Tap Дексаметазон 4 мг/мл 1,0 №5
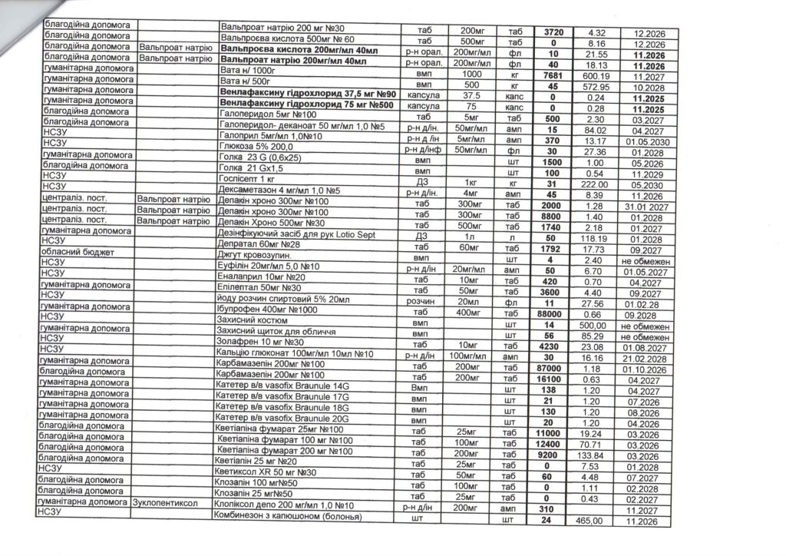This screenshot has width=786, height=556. [279, 189]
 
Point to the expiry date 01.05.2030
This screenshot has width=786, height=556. [648, 141]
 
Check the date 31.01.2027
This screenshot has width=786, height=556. [648, 207]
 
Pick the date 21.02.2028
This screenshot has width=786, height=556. [648, 358]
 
